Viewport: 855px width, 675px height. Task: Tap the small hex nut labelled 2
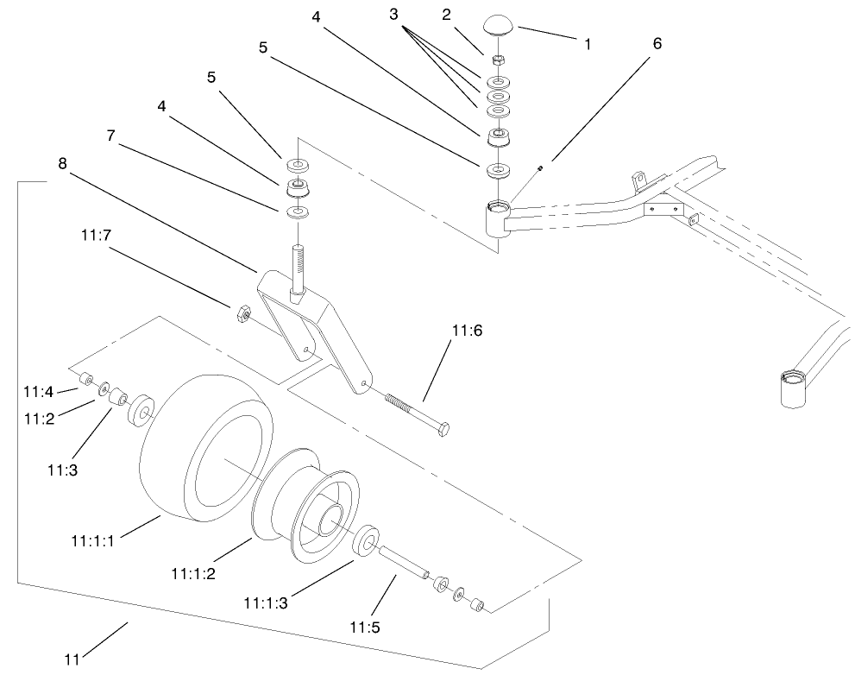coord(498,60)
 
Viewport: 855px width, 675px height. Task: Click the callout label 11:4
coord(36,392)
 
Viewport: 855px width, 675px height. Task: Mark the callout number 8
coord(61,161)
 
